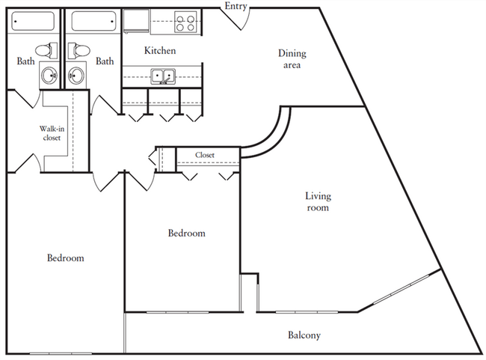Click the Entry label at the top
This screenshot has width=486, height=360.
pyautogui.click(x=236, y=6)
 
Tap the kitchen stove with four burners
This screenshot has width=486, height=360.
pyautogui.click(x=185, y=22)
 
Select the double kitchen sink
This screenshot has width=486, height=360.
pyautogui.click(x=163, y=76)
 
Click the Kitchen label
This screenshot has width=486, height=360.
pyautogui.click(x=160, y=51)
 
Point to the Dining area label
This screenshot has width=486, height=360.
pyautogui.click(x=292, y=59)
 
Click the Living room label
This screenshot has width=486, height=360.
pyautogui.click(x=318, y=202)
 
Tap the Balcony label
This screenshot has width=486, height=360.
pyautogui.click(x=304, y=335)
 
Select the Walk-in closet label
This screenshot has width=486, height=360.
pyautogui.click(x=52, y=133)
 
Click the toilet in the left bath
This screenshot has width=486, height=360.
pyautogui.click(x=46, y=50)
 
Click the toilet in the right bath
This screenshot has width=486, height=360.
pyautogui.click(x=79, y=50)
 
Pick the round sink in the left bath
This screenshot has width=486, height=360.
pyautogui.click(x=49, y=76)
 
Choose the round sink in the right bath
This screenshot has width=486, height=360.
pyautogui.click(x=76, y=76)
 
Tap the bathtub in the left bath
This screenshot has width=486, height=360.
pyautogui.click(x=33, y=21)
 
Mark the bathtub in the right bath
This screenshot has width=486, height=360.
pyautogui.click(x=93, y=21)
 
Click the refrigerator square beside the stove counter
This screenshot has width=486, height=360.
pyautogui.click(x=136, y=21)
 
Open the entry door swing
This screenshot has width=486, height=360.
pyautogui.click(x=236, y=19)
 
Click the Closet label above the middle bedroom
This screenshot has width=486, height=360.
pyautogui.click(x=205, y=155)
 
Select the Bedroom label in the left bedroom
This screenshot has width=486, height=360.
pyautogui.click(x=65, y=258)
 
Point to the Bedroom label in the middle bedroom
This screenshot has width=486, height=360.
pyautogui.click(x=187, y=233)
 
